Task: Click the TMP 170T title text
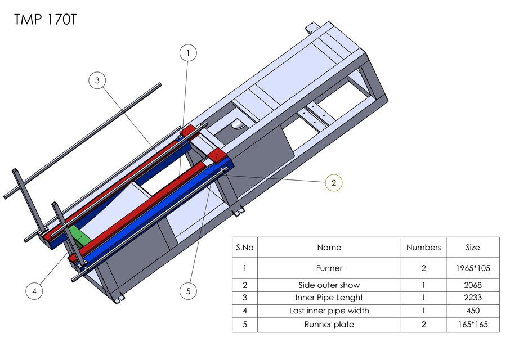(x=44, y=20)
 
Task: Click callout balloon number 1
(x=188, y=53)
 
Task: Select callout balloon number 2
(x=334, y=182)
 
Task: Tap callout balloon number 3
(x=97, y=81)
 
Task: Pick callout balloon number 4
(x=34, y=291)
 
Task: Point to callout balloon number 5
(x=188, y=291)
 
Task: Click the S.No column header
(x=245, y=247)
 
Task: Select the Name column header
(x=329, y=247)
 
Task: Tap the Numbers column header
(x=423, y=247)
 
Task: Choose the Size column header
(x=473, y=247)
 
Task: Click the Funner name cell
(x=329, y=268)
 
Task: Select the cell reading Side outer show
(x=329, y=285)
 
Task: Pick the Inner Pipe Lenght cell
(x=329, y=298)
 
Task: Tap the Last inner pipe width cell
(x=329, y=310)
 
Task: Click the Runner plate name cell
(x=329, y=324)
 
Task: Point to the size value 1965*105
(x=473, y=268)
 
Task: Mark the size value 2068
(x=473, y=285)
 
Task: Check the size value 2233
(x=473, y=298)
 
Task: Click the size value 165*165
(x=473, y=324)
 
